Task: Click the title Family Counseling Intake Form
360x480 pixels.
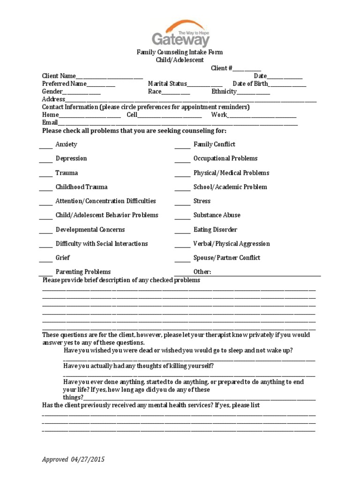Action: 180,52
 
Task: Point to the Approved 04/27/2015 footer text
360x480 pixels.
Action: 73,459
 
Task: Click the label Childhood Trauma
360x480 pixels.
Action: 82,187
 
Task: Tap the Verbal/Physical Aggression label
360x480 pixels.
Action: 232,244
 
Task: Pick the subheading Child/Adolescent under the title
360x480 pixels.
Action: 180,60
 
